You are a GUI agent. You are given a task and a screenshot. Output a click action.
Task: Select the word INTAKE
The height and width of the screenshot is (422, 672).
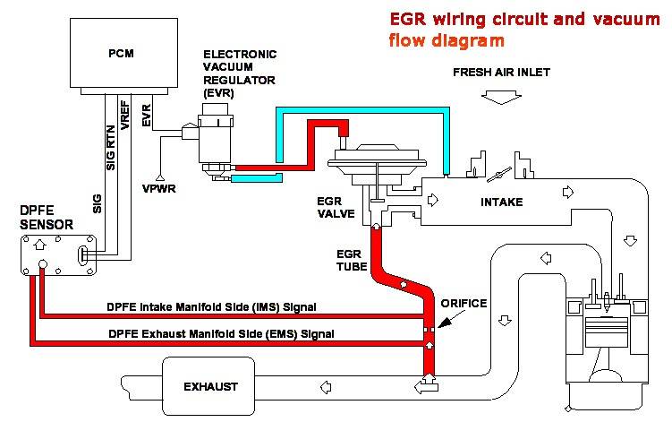click(503, 202)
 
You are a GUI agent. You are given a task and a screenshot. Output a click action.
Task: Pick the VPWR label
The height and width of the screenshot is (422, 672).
click(158, 190)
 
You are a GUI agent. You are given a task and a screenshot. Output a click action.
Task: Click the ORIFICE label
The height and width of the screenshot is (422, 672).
click(464, 304)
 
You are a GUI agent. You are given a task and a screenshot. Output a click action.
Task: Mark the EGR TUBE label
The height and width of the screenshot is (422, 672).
click(350, 261)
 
